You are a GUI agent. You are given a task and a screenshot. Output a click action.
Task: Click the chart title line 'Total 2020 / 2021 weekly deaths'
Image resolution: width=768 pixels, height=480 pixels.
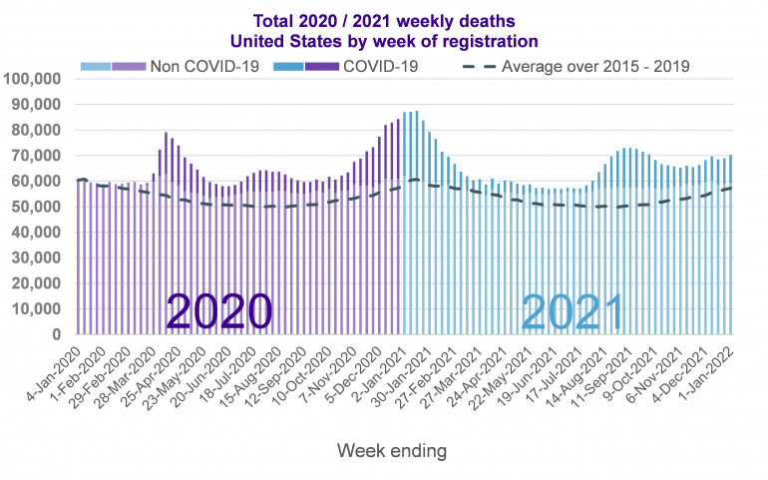click(384, 21)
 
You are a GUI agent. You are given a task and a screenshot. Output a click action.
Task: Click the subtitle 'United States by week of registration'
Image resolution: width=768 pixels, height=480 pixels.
click(384, 41)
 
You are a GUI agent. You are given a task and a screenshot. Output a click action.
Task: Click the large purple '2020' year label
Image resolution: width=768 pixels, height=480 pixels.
click(219, 312)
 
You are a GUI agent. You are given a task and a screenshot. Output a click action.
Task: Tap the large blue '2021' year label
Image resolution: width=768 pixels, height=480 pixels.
click(573, 312)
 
